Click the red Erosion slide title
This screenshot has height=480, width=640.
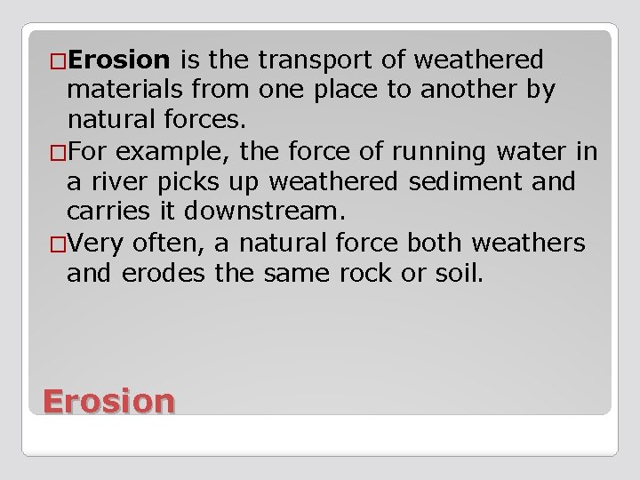tap(108, 401)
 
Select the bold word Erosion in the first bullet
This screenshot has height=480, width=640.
tap(118, 60)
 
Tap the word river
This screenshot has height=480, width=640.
tap(116, 182)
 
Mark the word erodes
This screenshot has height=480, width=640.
tap(169, 273)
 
